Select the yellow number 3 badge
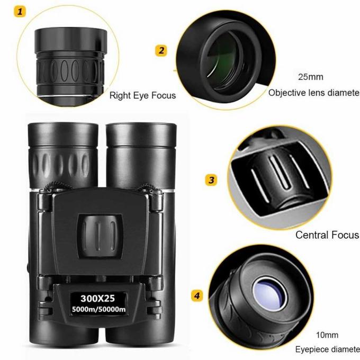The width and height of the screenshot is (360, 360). pyautogui.click(x=211, y=180)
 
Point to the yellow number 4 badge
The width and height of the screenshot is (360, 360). pyautogui.click(x=197, y=295)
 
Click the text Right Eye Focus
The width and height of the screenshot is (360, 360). pyautogui.click(x=142, y=96)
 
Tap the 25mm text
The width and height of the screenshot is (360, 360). pyautogui.click(x=310, y=77)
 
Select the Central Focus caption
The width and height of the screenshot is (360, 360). pyautogui.click(x=327, y=235)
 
